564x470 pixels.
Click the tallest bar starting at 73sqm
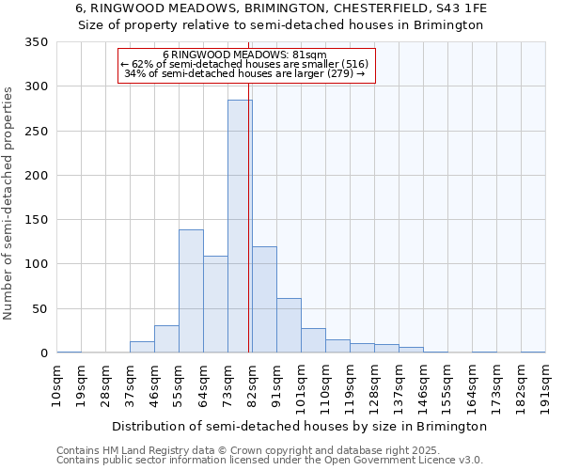click(x=240, y=226)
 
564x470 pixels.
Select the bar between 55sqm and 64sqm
click(x=191, y=290)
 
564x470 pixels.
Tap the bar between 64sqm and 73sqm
click(x=215, y=304)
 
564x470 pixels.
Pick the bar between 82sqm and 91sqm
click(x=264, y=299)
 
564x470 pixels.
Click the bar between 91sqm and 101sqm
click(x=289, y=325)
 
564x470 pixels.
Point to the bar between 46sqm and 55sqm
click(x=166, y=338)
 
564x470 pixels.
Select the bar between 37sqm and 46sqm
click(x=142, y=347)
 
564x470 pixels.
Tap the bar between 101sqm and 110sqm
click(x=313, y=340)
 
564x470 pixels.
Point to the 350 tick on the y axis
click(x=37, y=42)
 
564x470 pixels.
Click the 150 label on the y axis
click(x=37, y=220)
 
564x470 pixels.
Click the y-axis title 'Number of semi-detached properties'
click(x=8, y=202)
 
